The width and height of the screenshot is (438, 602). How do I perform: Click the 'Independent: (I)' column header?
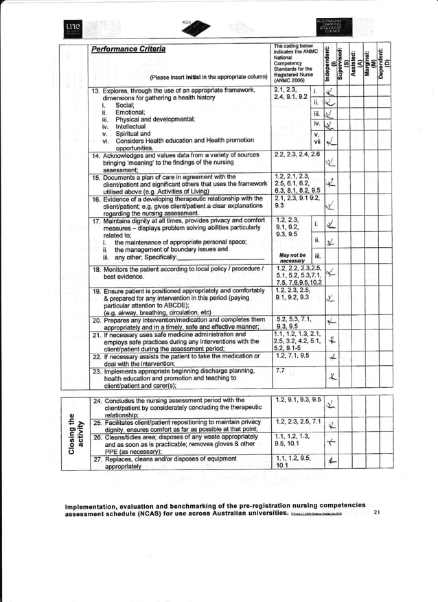331,61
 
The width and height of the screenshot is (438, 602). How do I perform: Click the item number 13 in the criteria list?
96,90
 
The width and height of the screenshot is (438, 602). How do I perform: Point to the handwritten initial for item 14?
331,163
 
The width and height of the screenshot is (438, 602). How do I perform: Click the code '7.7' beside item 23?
279,371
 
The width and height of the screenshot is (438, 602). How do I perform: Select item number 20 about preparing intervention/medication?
96,320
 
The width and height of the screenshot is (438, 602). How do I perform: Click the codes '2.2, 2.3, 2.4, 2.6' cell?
297,156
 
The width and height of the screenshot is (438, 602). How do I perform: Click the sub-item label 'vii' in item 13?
316,142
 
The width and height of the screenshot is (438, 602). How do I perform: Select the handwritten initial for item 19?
331,299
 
